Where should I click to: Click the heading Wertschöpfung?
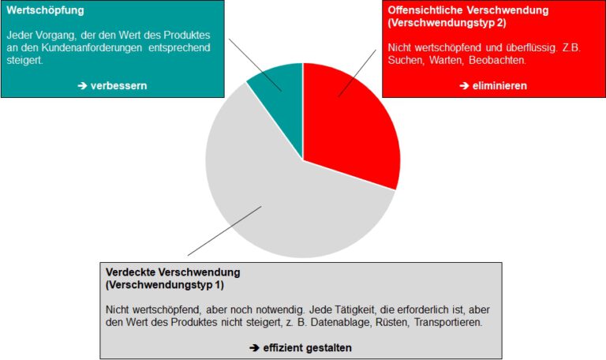point(45,11)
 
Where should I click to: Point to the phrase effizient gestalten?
point(307,347)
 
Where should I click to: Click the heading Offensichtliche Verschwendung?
point(468,11)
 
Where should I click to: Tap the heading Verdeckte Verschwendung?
point(173,272)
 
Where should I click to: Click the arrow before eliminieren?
point(463,85)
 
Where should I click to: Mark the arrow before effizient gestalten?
point(254,347)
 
